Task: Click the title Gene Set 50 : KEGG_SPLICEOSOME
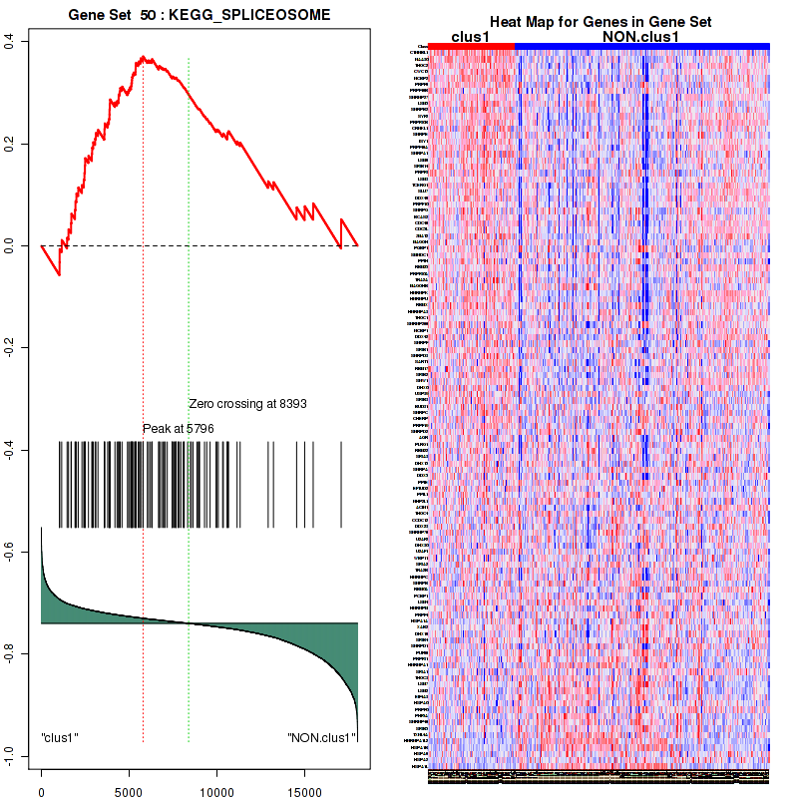coord(199,17)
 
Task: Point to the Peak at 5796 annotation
coord(179,428)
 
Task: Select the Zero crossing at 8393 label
coord(247,404)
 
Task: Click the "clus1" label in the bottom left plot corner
coord(60,738)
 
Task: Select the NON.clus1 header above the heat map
coord(641,36)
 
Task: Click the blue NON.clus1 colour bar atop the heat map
coord(642,46)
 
